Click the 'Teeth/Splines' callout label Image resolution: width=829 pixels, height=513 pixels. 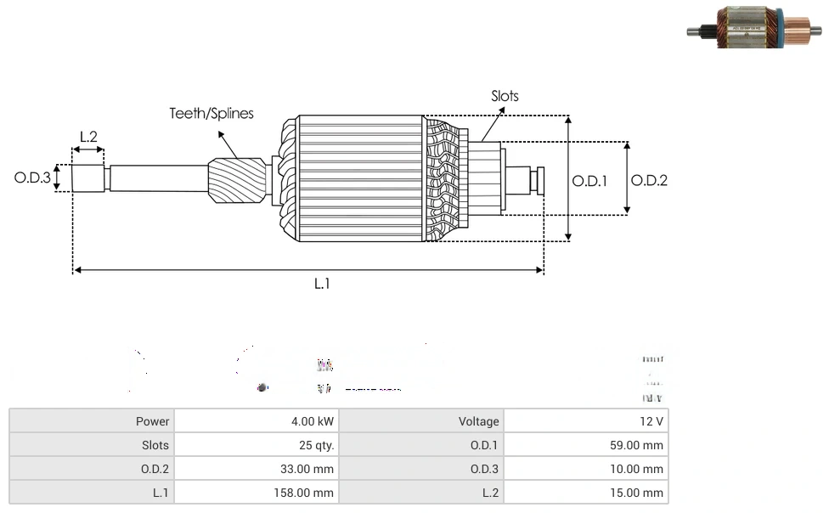point(211,114)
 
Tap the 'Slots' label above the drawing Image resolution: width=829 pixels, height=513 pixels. point(505,96)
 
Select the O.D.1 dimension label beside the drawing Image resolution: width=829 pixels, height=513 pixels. point(589,180)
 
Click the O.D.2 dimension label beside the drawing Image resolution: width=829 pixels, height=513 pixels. point(649,180)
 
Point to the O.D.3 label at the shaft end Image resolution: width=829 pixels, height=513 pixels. point(32,178)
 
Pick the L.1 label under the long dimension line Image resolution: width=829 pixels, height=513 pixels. point(322,284)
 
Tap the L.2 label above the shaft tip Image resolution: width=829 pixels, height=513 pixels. point(88,137)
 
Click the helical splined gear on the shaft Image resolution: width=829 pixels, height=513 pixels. point(237,181)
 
